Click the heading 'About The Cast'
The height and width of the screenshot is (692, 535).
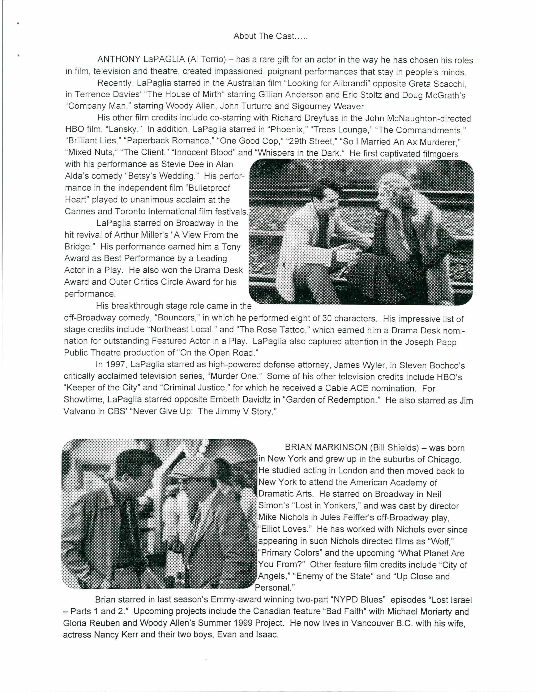click(270, 36)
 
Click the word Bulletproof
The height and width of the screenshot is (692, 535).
click(209, 188)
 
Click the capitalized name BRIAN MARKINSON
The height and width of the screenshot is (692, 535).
click(326, 447)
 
